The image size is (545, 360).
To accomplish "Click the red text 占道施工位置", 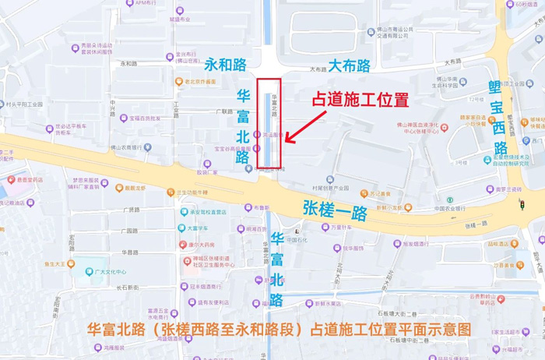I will pyautogui.click(x=360, y=101).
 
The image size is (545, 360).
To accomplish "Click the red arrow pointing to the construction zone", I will pyautogui.click(x=308, y=125).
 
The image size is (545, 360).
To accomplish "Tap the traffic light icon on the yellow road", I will pyautogui.click(x=522, y=205).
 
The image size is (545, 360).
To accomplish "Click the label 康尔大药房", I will pyautogui.click(x=202, y=245).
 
